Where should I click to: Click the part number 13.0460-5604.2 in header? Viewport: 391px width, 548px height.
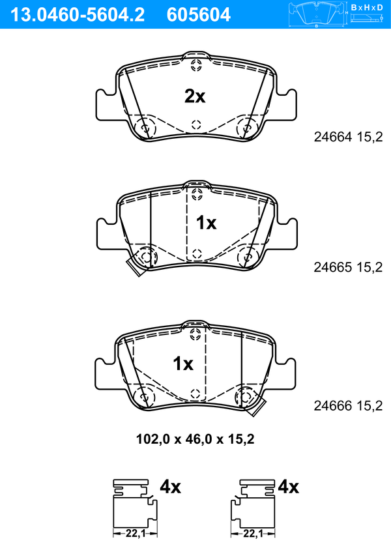78,15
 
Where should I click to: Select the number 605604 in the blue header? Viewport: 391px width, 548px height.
199,15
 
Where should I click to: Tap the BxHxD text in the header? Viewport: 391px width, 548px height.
367,7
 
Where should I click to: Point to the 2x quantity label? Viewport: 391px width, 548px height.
195,96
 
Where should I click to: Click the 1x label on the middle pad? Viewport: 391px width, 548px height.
206,223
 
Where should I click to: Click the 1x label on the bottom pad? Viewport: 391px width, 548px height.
183,364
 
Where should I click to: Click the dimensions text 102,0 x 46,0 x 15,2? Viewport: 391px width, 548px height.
195,439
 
